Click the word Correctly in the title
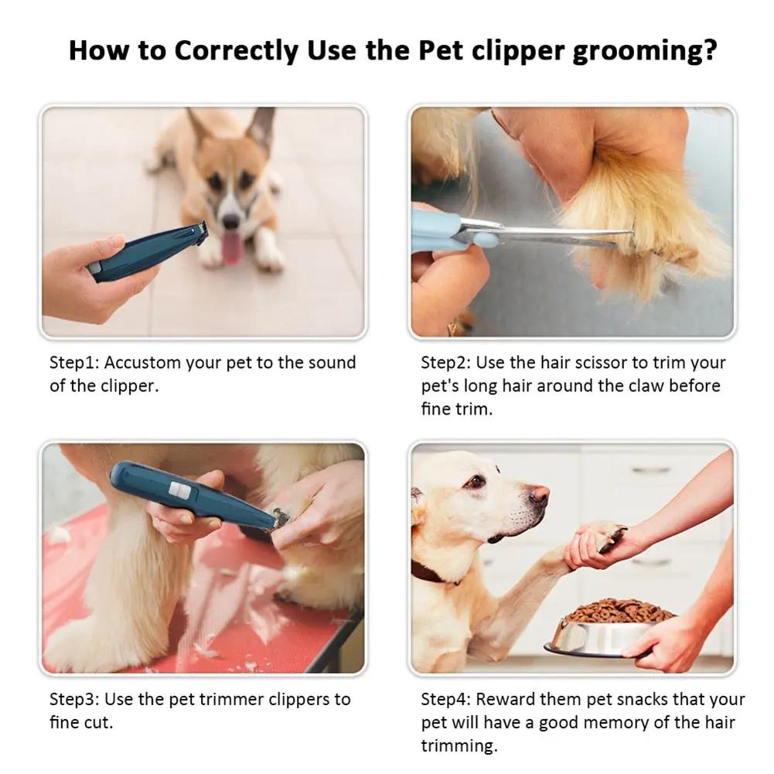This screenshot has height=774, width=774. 236,51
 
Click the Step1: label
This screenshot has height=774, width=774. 75,363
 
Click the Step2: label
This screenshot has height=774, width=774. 446,363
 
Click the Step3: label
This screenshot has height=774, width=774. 75,699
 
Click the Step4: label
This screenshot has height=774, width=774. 446,699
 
